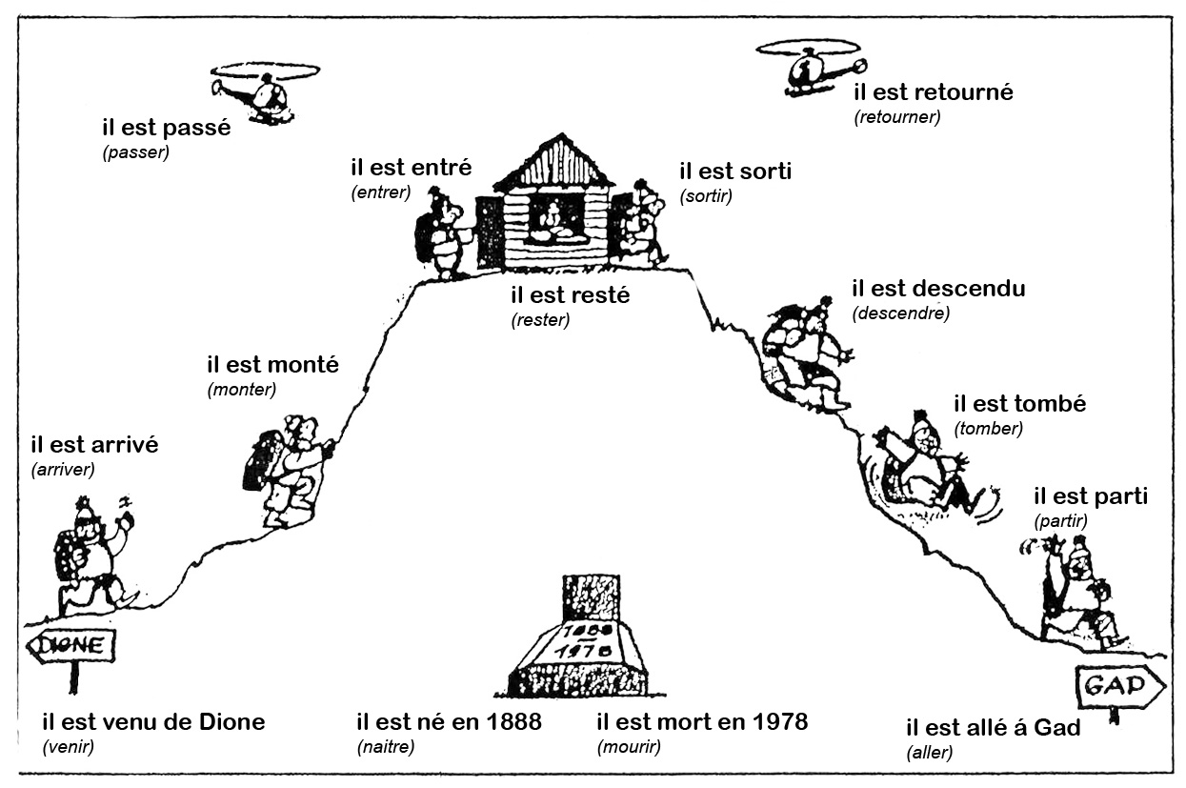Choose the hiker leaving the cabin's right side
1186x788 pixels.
coord(642,222)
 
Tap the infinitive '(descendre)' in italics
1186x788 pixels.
coord(901,313)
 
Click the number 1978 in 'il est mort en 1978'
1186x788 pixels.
coord(775,721)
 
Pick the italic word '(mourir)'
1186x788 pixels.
coord(629,747)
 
